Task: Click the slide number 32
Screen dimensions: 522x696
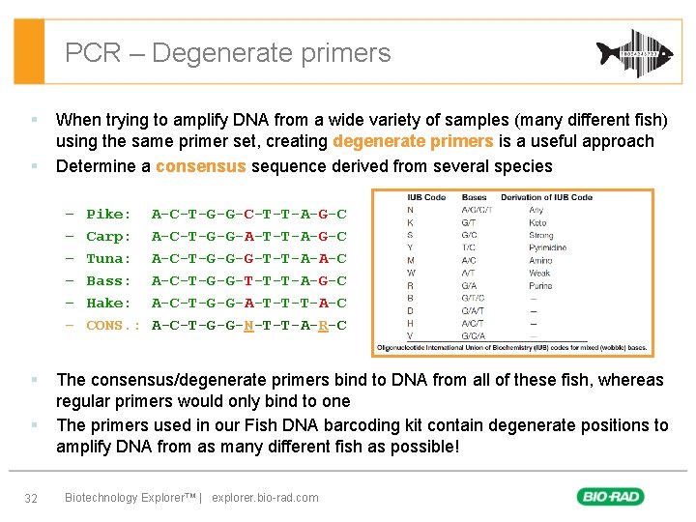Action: coord(31,498)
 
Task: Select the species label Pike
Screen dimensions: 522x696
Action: coord(107,215)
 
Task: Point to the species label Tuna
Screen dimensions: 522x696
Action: coord(107,259)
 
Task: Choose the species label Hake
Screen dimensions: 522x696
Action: coord(107,304)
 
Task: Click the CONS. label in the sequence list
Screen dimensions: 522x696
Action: coord(112,326)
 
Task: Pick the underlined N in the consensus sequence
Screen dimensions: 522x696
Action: coord(248,326)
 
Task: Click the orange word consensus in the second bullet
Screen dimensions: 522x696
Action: coord(200,166)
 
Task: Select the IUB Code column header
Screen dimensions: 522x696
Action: coord(425,197)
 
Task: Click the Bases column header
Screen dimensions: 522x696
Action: coord(474,197)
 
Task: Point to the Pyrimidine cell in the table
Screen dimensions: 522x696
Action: coord(548,247)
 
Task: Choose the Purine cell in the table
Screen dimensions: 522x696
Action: coord(539,285)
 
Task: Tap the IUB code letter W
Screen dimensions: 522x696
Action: coord(411,273)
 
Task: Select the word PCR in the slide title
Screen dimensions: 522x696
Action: coord(93,52)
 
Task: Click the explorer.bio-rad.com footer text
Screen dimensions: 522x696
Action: coord(265,498)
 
